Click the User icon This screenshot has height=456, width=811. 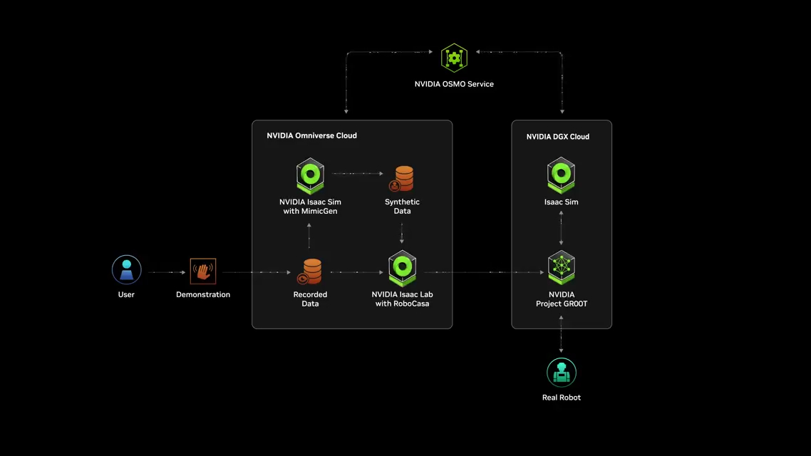click(x=127, y=270)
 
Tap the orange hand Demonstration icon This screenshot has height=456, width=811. click(x=203, y=271)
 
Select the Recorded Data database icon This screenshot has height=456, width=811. click(x=311, y=271)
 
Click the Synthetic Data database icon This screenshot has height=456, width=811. click(x=403, y=178)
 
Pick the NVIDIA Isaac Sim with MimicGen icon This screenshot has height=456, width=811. click(x=310, y=176)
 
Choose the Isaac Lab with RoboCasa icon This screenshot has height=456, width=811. click(x=402, y=269)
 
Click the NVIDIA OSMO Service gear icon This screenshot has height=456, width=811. click(x=454, y=58)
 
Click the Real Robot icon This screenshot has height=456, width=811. click(x=562, y=372)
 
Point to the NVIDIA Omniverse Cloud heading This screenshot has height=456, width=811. click(x=311, y=135)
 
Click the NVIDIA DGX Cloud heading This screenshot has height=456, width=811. click(x=558, y=137)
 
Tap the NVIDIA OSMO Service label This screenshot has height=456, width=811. click(x=454, y=84)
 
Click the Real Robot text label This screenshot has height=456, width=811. click(x=562, y=398)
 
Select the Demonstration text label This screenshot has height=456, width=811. click(x=203, y=294)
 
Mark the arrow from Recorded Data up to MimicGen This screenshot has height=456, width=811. click(x=309, y=236)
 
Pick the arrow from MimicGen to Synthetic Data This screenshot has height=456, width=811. click(x=358, y=173)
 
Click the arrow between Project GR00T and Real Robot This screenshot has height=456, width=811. click(x=562, y=334)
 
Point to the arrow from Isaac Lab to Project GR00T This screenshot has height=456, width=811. click(x=485, y=272)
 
